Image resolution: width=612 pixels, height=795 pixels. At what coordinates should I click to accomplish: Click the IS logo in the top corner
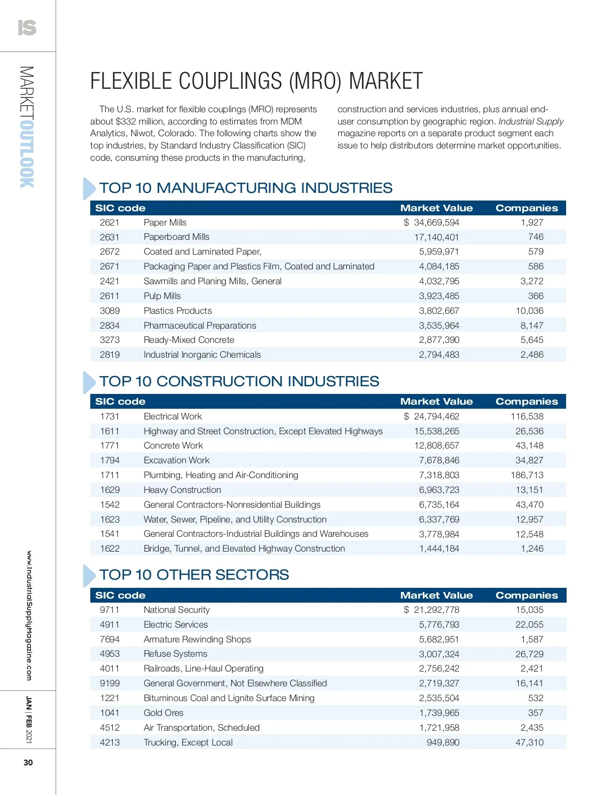(27, 28)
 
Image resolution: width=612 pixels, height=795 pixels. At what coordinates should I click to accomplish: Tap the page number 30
(28, 762)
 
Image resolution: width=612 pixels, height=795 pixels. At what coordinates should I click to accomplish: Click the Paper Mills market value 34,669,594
(436, 222)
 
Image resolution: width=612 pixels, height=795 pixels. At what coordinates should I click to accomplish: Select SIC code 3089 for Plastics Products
(110, 311)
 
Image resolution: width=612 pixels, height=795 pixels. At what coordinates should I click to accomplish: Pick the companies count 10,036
(529, 311)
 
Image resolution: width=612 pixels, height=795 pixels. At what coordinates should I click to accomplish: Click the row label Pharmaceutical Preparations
(200, 326)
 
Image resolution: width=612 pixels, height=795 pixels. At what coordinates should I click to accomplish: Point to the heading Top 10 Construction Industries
(239, 381)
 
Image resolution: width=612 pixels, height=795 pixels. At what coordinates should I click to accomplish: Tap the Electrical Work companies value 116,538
(527, 416)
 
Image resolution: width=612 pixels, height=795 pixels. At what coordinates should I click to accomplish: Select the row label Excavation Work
(176, 460)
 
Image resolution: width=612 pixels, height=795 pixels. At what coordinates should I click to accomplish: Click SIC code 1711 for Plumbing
(110, 475)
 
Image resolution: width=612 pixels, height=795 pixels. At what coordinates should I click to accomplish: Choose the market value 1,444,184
(439, 549)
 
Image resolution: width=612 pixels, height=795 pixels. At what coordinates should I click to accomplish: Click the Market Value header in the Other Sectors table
(436, 595)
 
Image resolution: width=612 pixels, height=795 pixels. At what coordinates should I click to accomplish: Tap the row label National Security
(176, 610)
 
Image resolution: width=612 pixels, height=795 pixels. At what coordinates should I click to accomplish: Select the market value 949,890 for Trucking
(443, 742)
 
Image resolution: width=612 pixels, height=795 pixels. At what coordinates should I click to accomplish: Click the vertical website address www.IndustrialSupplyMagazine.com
(29, 615)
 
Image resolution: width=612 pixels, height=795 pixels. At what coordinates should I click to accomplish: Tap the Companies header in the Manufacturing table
(527, 208)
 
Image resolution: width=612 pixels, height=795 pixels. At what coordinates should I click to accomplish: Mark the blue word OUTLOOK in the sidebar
(27, 154)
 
